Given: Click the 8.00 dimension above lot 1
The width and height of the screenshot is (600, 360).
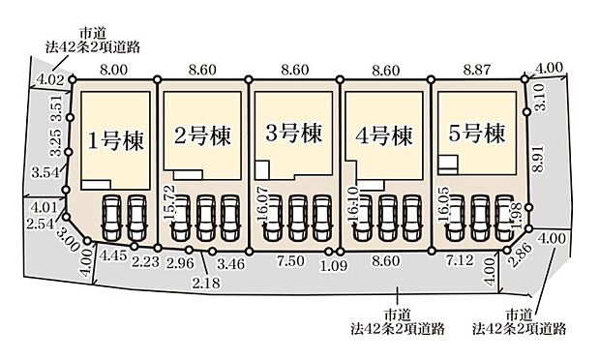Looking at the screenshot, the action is tap(113, 71).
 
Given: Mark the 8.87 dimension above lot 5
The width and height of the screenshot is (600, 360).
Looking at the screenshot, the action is tap(480, 71).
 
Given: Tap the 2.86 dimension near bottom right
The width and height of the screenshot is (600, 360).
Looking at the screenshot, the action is tap(524, 255).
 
